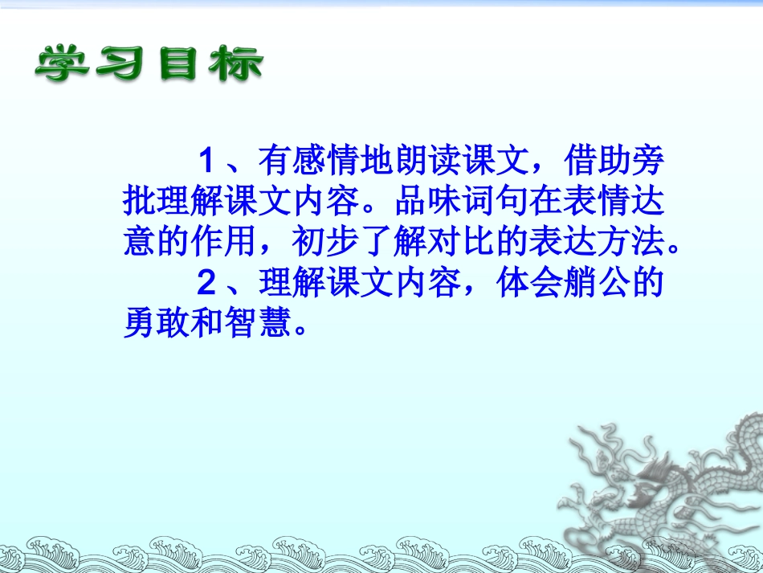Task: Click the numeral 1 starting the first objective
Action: [207, 162]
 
